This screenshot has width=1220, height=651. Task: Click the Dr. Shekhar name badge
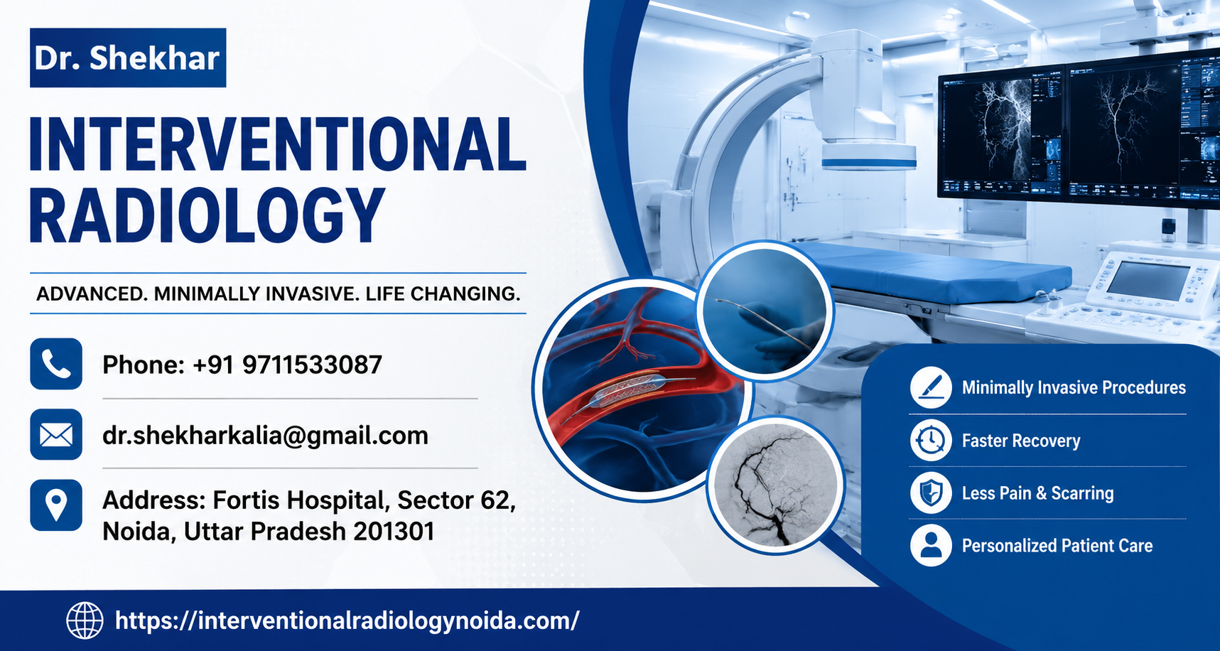[x=128, y=58]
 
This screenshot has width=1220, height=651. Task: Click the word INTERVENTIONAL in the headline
[x=278, y=145]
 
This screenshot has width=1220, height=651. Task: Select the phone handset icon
[x=56, y=364]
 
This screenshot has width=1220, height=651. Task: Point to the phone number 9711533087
[x=312, y=365]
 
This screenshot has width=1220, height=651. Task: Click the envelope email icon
[x=56, y=434]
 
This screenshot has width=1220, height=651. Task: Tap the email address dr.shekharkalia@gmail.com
[x=265, y=436]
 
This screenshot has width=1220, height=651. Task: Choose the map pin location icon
[x=56, y=505]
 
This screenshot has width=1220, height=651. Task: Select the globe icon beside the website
[x=85, y=620]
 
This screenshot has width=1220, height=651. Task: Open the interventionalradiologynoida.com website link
[x=347, y=621]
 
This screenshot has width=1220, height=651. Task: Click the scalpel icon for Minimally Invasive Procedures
[x=931, y=387]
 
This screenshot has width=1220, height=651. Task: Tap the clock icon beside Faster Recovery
[x=931, y=441]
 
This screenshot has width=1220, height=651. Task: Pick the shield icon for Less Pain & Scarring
[x=931, y=493]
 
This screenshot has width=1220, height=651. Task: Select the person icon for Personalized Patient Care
[x=931, y=546]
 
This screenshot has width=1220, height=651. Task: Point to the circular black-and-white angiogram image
[x=776, y=485]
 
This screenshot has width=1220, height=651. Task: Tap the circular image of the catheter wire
[x=765, y=310]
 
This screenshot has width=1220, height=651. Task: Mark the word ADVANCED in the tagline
[x=90, y=294]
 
